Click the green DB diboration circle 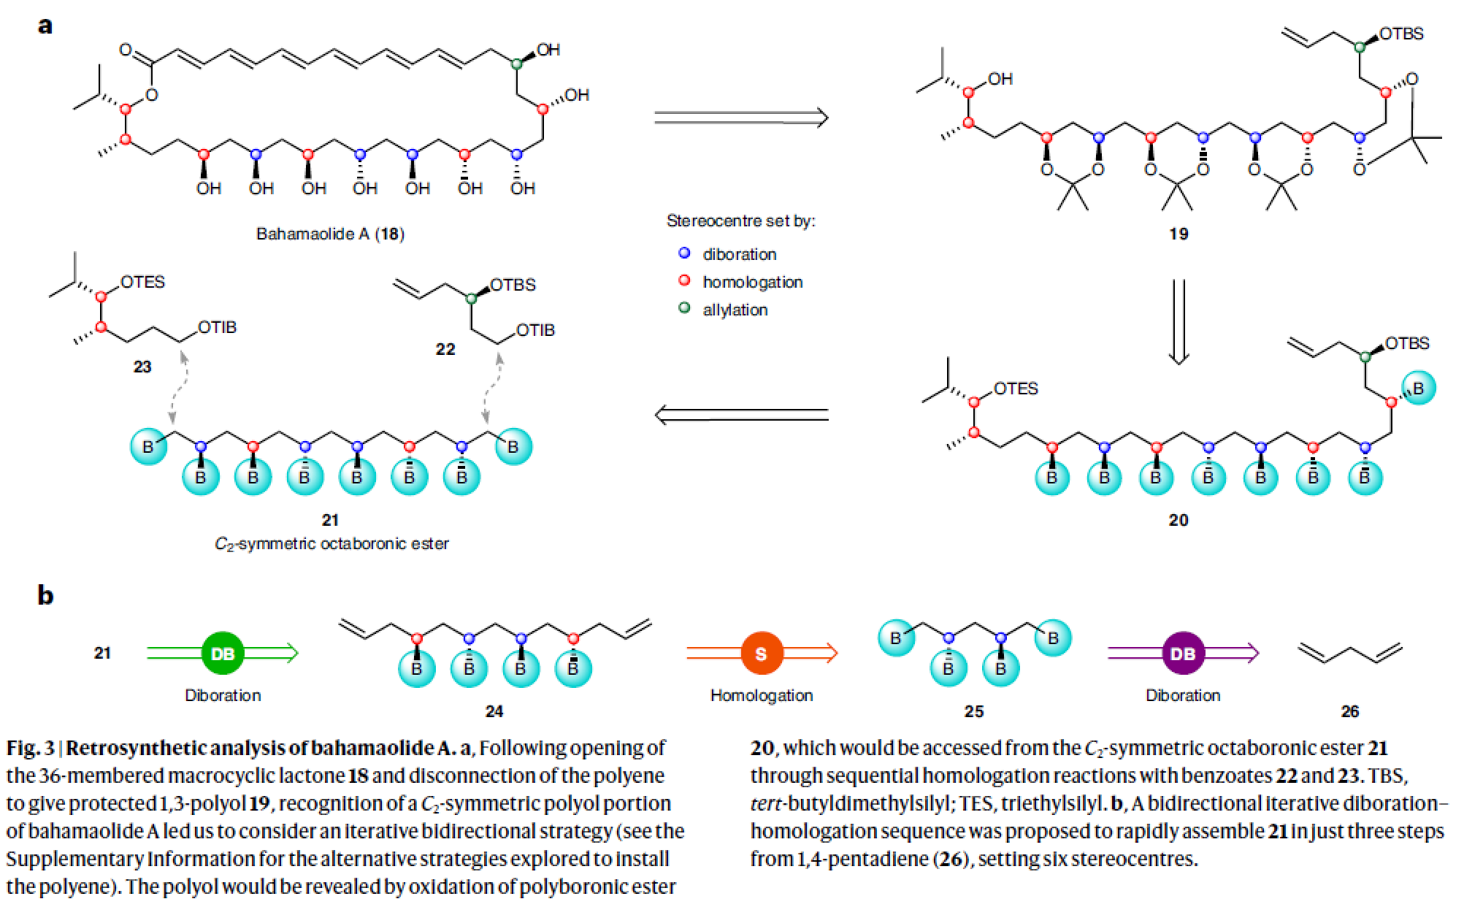click(x=223, y=653)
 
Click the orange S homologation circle click(x=761, y=653)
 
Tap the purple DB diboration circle click(x=1183, y=653)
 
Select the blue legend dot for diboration click(x=684, y=253)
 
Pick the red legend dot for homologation click(x=684, y=280)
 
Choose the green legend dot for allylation click(x=684, y=308)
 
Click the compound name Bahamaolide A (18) click(x=330, y=234)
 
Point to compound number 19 click(x=1179, y=234)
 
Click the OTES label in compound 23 click(x=142, y=282)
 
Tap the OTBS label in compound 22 click(x=513, y=285)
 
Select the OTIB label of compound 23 click(x=218, y=327)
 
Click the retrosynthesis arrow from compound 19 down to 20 click(x=1179, y=321)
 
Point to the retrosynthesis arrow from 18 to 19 click(x=741, y=118)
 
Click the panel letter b click(x=45, y=595)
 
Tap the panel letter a click(x=45, y=26)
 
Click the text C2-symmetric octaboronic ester click(x=331, y=544)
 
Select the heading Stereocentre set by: click(x=740, y=221)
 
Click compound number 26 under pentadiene click(x=1349, y=711)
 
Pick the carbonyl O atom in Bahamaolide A click(x=126, y=50)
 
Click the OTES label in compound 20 click(x=1016, y=389)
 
